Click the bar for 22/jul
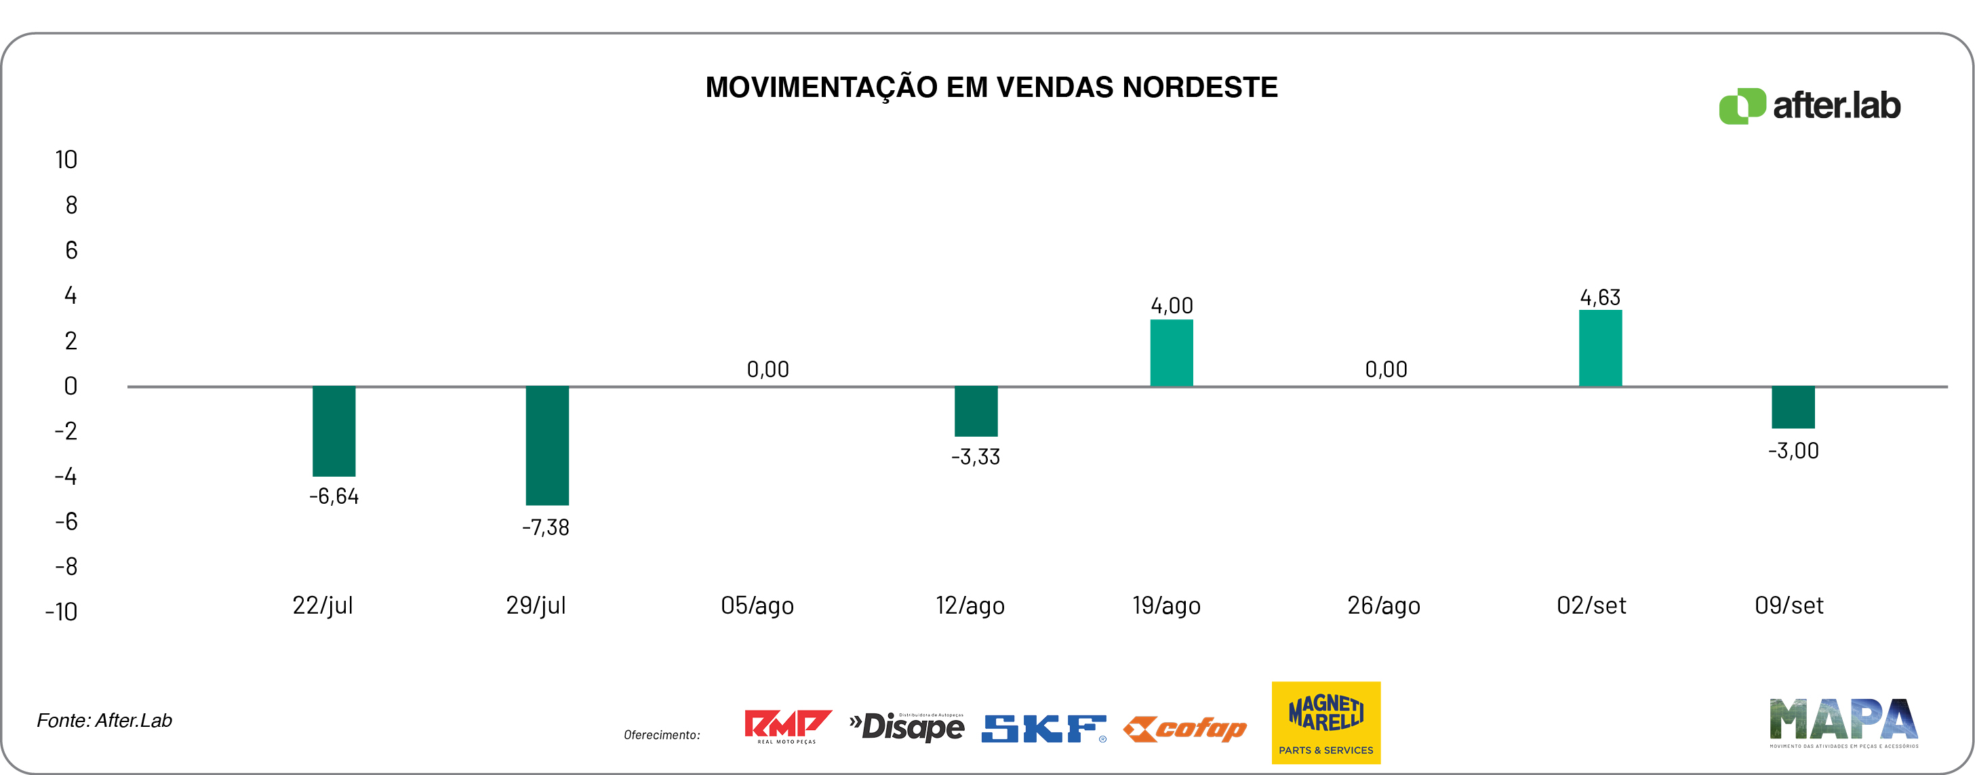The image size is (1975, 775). [334, 431]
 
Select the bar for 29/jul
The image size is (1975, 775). [546, 445]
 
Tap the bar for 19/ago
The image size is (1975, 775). [1172, 353]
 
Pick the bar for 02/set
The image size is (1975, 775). [1600, 348]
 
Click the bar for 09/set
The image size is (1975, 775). [1793, 407]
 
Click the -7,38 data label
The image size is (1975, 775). [545, 528]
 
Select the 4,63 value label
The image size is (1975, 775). [1600, 298]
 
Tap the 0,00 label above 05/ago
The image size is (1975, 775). [767, 370]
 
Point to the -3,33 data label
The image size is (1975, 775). [975, 457]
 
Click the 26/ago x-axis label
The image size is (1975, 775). [1383, 605]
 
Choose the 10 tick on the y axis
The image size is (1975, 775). [66, 159]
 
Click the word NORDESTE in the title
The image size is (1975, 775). [1200, 87]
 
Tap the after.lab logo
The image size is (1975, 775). [1810, 106]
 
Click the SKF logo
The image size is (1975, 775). [1043, 728]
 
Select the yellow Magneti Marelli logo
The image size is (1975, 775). [1325, 722]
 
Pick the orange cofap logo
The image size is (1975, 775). [1184, 729]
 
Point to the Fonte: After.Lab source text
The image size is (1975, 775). [104, 721]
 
